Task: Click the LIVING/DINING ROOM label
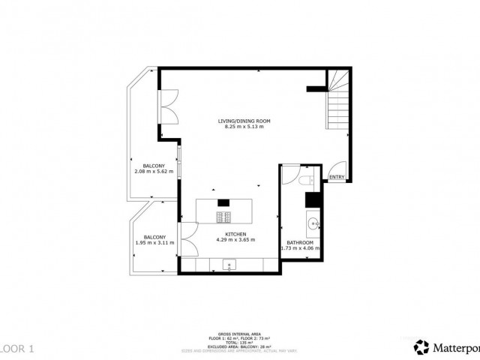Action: click(x=244, y=121)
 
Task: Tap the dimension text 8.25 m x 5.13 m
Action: click(x=244, y=127)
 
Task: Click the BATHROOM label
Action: click(x=300, y=242)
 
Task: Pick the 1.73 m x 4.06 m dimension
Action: click(x=300, y=248)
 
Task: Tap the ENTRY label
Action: click(x=337, y=178)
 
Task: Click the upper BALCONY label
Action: click(x=154, y=166)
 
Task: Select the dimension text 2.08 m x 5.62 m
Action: click(x=154, y=172)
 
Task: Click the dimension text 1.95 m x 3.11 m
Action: click(x=155, y=243)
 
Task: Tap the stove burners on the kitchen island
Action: click(x=223, y=217)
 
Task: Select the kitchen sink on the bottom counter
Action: click(x=229, y=263)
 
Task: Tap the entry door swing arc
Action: click(x=338, y=168)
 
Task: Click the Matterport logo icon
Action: click(x=421, y=346)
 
